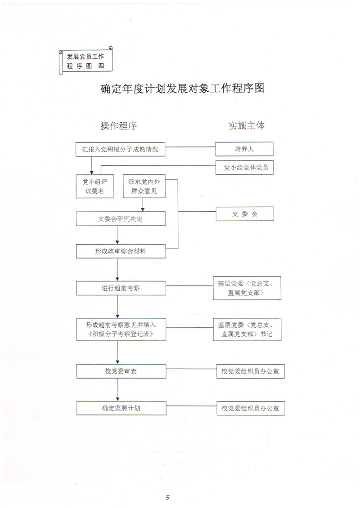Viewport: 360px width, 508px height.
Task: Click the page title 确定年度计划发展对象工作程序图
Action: (182, 89)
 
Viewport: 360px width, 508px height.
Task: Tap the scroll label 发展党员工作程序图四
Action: (85, 61)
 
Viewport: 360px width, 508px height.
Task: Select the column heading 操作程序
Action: (119, 126)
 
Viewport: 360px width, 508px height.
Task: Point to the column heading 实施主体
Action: (246, 126)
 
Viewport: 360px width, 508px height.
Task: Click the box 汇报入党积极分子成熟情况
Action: (120, 149)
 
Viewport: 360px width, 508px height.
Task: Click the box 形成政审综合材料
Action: (121, 251)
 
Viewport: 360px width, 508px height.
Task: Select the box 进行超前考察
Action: (121, 288)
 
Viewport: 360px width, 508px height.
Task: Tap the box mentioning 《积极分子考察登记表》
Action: (121, 330)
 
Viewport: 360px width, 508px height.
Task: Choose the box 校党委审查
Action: (121, 371)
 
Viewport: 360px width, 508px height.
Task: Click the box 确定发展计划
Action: (121, 408)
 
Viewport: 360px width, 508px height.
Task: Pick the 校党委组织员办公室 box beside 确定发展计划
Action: (250, 408)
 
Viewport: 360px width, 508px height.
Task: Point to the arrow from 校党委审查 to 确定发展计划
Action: (117, 389)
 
